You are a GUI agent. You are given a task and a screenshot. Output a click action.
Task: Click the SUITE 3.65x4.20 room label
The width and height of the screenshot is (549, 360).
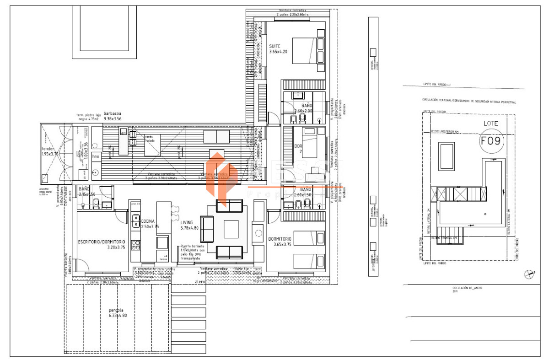pyautogui.click(x=278, y=49)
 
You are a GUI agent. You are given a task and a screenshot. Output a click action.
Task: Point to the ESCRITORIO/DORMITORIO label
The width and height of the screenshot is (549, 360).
pyautogui.click(x=101, y=244)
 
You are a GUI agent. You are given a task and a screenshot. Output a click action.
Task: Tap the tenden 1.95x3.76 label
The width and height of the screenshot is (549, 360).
pyautogui.click(x=50, y=151)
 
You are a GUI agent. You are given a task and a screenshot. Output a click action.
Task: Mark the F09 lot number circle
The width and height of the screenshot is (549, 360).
pyautogui.click(x=491, y=140)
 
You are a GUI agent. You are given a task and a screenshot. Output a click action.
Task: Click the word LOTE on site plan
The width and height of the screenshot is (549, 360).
pyautogui.click(x=491, y=124)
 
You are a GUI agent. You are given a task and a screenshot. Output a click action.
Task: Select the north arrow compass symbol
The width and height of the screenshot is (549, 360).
pyautogui.click(x=530, y=274)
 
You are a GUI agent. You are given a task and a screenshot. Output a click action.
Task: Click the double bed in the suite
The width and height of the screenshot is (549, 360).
pyautogui.click(x=307, y=50)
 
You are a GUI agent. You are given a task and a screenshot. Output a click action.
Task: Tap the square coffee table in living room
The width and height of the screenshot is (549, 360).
pyautogui.click(x=231, y=229)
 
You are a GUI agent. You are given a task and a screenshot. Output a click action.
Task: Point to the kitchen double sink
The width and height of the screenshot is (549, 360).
pyautogui.click(x=136, y=221)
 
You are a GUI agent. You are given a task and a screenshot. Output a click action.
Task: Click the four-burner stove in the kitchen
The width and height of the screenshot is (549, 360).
pyautogui.click(x=136, y=245)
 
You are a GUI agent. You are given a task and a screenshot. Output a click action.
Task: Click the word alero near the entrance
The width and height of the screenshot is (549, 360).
pyautogui.click(x=200, y=282)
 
